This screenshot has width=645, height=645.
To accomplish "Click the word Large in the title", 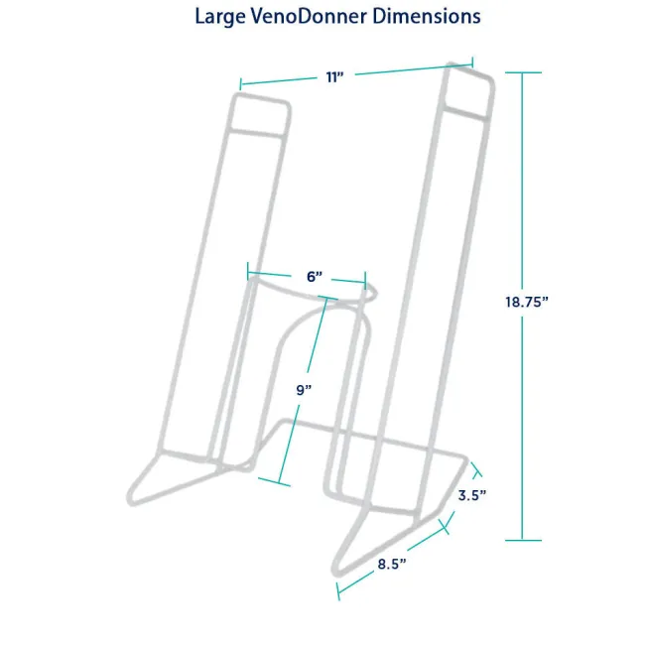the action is coord(220,17).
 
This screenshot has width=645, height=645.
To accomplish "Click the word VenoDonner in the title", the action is coord(309,17).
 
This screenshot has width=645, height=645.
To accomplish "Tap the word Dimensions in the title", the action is coord(427,17).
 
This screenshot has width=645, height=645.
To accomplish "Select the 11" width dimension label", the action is coord(334,77).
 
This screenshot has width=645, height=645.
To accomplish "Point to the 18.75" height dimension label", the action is coord(527,302).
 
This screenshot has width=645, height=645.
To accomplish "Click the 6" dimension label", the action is coord(315,277).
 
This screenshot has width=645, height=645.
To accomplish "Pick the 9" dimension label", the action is coord(304,390).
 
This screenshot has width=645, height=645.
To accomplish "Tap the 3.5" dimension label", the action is coord(472,495).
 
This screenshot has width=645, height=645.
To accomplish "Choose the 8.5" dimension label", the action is coord(392,564).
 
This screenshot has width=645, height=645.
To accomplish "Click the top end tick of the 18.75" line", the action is coord(523,72).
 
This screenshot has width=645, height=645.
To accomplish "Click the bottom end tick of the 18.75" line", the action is coord(523,540).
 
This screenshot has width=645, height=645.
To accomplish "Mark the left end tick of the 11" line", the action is coord(241,84).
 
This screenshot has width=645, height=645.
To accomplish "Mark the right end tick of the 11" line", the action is coord(472,63).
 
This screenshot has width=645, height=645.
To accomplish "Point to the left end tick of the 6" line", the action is coord(248,271).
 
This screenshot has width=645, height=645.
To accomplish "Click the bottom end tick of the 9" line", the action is coord(274,482).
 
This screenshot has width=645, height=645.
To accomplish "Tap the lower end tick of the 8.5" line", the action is coord(338,591).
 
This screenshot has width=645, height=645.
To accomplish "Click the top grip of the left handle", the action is coord(260,114).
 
